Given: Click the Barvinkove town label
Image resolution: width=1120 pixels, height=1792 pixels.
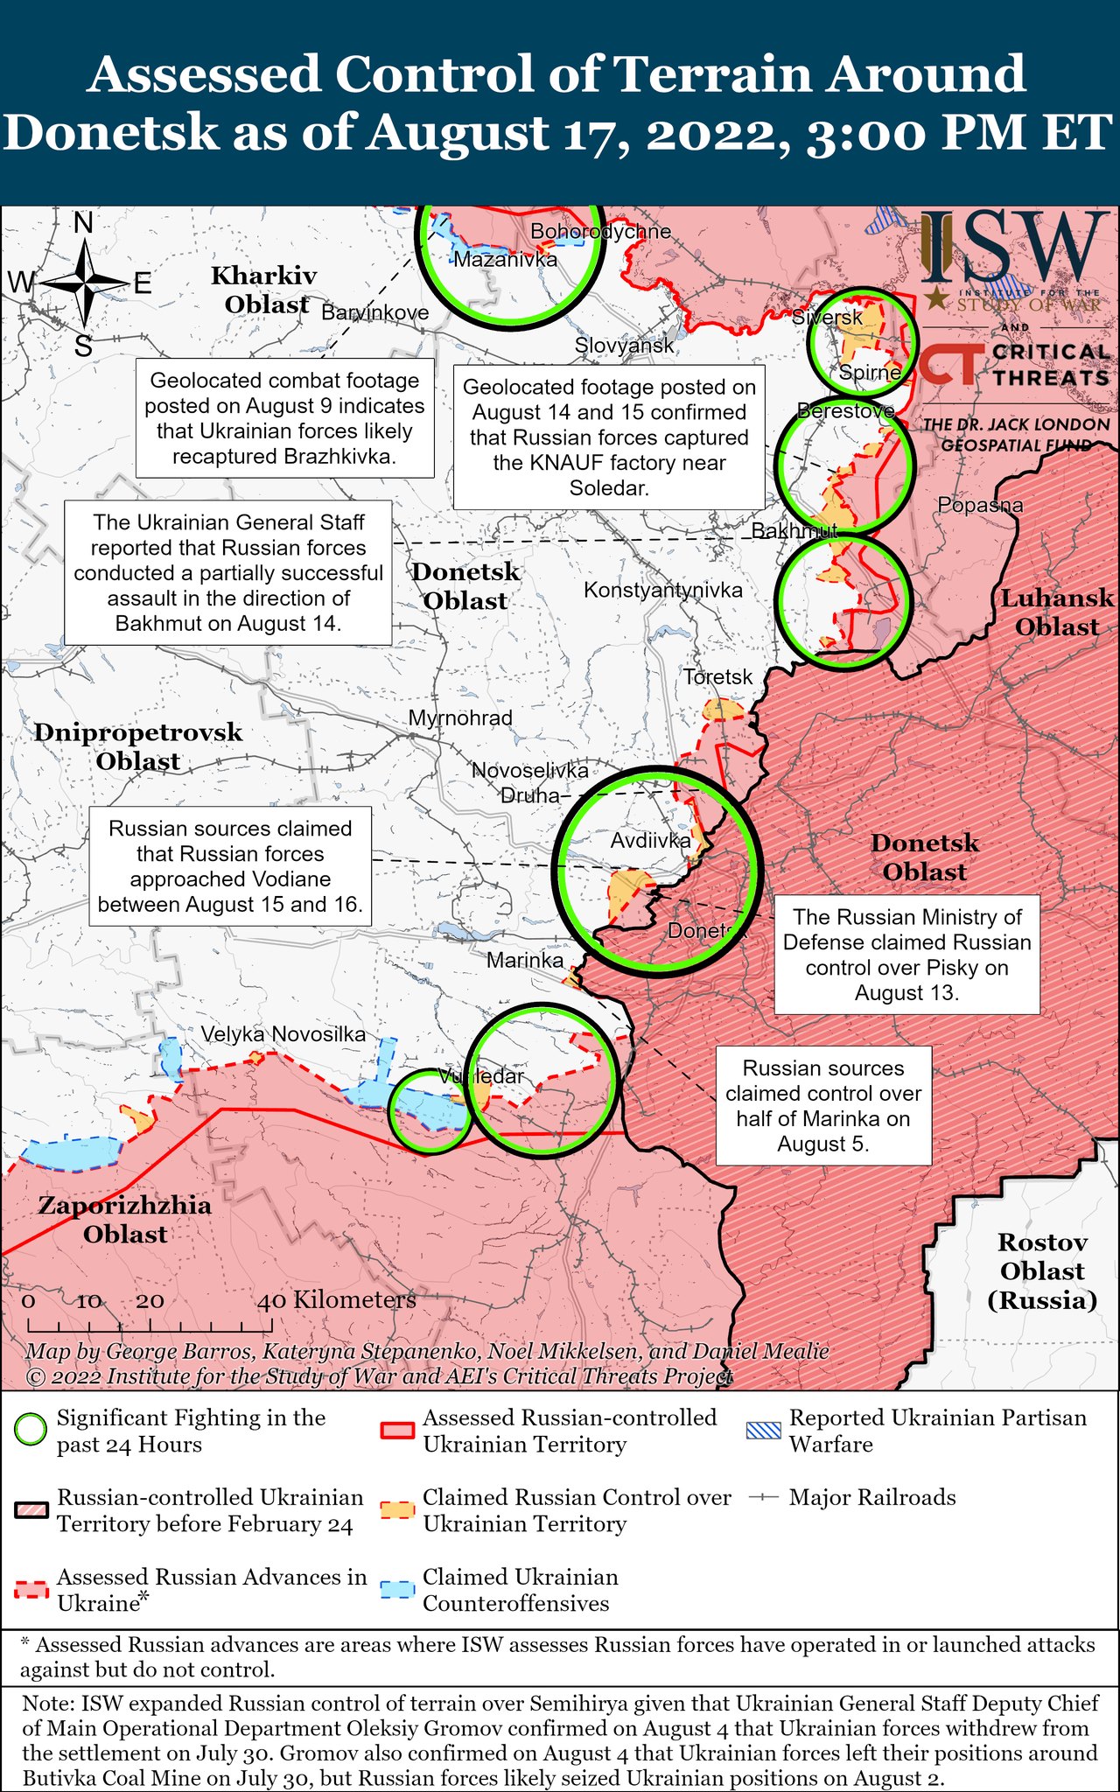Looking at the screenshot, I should pyautogui.click(x=374, y=312).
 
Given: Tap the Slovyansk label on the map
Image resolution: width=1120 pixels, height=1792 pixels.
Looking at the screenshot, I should pyautogui.click(x=624, y=345).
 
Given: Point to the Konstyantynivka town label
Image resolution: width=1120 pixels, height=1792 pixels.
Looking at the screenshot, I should pyautogui.click(x=662, y=590).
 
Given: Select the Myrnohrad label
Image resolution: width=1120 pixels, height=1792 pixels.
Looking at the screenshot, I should pyautogui.click(x=460, y=717).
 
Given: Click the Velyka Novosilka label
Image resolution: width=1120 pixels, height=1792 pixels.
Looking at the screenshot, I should pyautogui.click(x=283, y=1033).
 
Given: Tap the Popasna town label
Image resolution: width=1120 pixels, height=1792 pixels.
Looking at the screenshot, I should pyautogui.click(x=979, y=505).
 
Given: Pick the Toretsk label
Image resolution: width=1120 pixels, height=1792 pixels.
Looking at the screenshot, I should pyautogui.click(x=717, y=676).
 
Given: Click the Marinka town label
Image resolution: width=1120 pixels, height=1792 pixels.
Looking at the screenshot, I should pyautogui.click(x=525, y=960).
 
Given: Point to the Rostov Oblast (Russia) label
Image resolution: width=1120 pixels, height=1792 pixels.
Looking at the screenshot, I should pyautogui.click(x=1042, y=1270).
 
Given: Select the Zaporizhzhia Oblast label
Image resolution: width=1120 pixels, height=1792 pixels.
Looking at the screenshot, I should pyautogui.click(x=125, y=1219).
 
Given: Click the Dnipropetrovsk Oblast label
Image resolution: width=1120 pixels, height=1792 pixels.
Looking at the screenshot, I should pyautogui.click(x=137, y=746).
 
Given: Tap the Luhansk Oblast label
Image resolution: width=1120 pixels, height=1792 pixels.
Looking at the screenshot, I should pyautogui.click(x=1057, y=612).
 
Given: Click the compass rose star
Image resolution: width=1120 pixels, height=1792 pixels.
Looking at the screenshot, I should pyautogui.click(x=84, y=283).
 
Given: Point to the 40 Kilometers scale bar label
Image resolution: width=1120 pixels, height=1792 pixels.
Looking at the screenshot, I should pyautogui.click(x=336, y=1300).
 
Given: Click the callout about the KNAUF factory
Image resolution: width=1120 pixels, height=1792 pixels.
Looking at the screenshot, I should pyautogui.click(x=608, y=437).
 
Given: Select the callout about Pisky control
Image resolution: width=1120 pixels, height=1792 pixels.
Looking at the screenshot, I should pyautogui.click(x=906, y=955).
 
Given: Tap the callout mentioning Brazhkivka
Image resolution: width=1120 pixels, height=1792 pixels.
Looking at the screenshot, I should pyautogui.click(x=284, y=418).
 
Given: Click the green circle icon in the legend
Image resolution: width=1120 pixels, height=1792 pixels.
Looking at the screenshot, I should pyautogui.click(x=31, y=1431).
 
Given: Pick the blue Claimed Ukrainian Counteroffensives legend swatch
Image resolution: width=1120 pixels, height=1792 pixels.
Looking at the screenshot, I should pyautogui.click(x=398, y=1590).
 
